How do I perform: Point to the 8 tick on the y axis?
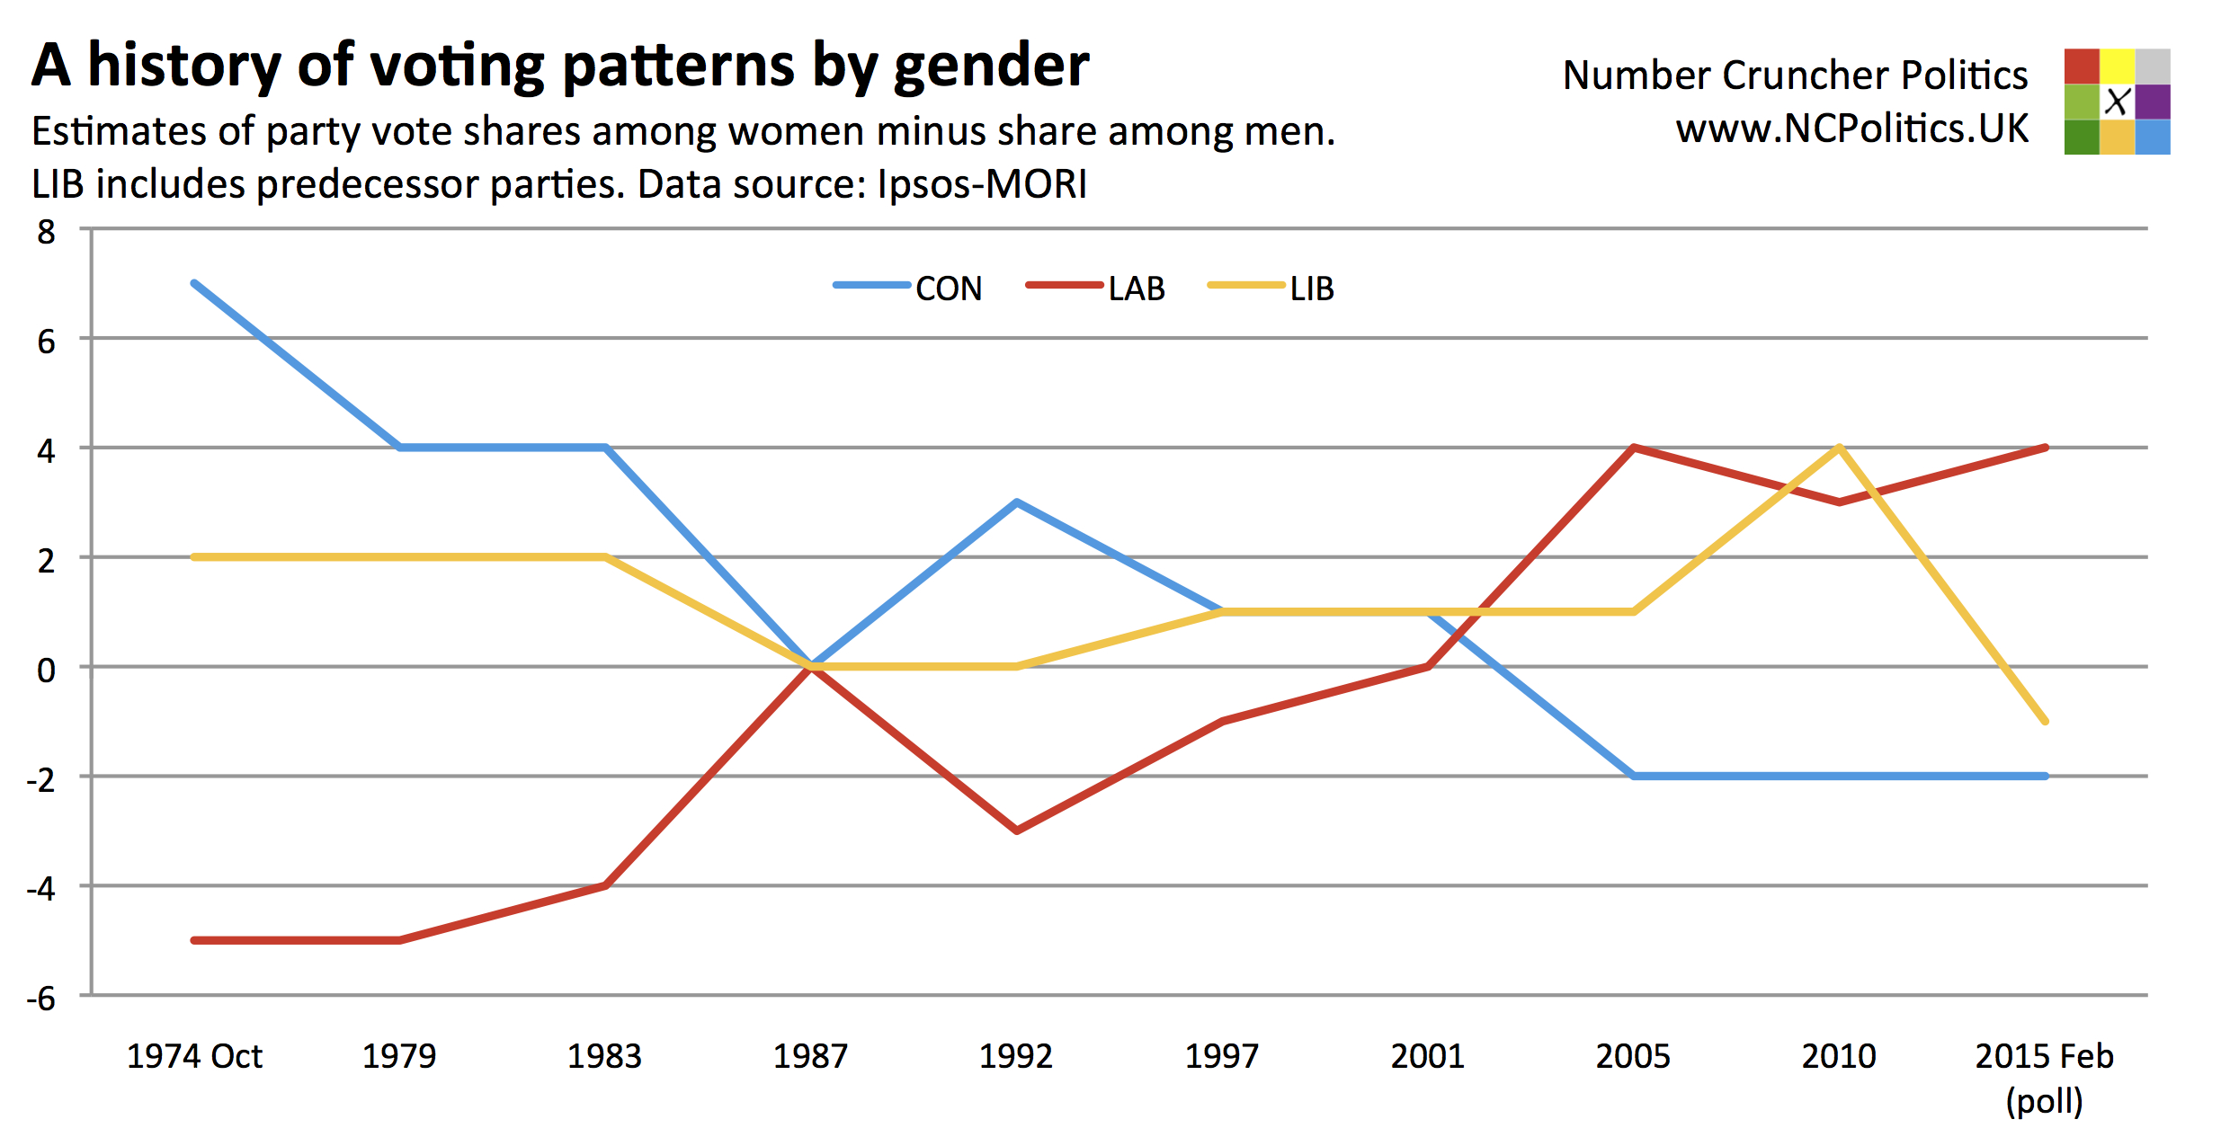tap(46, 232)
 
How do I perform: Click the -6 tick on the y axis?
tap(41, 998)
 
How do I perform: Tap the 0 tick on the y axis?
tap(46, 670)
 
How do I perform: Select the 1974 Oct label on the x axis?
tap(194, 1056)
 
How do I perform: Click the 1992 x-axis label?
tap(1016, 1056)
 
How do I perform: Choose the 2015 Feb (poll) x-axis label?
tap(2044, 1077)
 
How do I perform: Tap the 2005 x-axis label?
tap(1633, 1056)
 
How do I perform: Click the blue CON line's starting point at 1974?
tap(195, 284)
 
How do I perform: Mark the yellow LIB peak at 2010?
tap(1840, 448)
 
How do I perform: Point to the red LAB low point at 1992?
tap(1016, 831)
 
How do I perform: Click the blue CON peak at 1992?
tap(1016, 502)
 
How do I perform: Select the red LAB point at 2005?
tap(1633, 448)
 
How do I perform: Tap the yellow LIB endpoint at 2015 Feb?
tap(2046, 721)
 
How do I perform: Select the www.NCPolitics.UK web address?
tap(1852, 129)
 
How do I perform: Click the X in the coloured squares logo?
tap(2117, 102)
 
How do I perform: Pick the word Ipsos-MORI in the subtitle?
tap(982, 184)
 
